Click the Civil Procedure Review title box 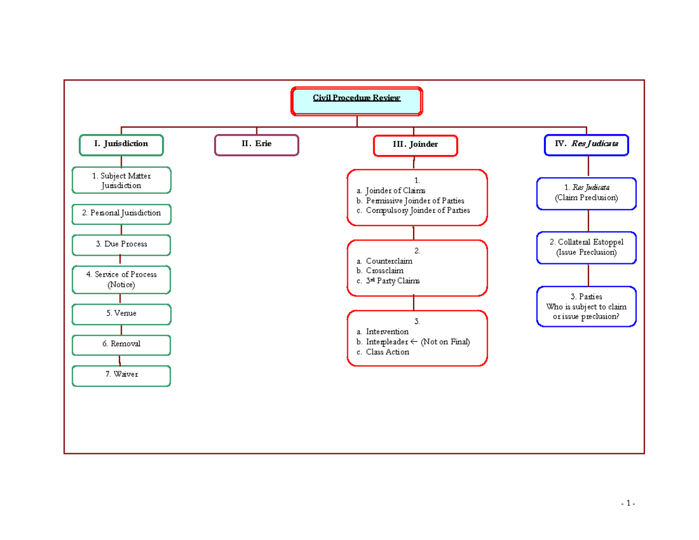click(356, 101)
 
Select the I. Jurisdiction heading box click(121, 144)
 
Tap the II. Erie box click(256, 144)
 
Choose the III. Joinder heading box click(415, 145)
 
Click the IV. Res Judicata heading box click(586, 144)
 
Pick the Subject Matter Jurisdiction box click(121, 181)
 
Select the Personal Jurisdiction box click(121, 213)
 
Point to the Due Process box click(121, 245)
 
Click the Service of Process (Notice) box click(121, 280)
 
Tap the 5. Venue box click(121, 313)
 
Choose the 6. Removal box click(121, 344)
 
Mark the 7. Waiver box click(121, 375)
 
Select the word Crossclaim click(384, 271)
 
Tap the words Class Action click(387, 352)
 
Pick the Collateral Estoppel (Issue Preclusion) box click(586, 248)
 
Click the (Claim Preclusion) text click(586, 198)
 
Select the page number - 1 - click(627, 503)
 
